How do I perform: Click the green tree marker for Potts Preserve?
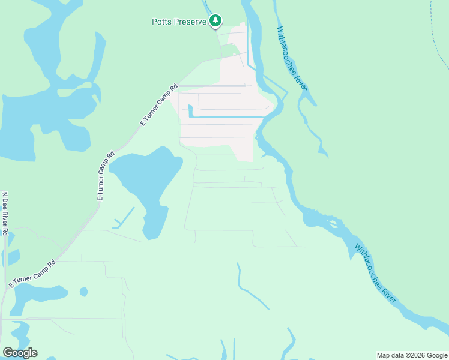tap(215, 22)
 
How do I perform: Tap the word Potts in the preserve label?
tap(161, 22)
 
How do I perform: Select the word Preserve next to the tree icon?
tap(191, 22)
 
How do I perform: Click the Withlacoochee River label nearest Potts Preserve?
tap(292, 58)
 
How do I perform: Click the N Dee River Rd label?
tap(5, 214)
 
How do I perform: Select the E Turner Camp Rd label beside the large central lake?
tap(105, 175)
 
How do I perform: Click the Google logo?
tap(20, 353)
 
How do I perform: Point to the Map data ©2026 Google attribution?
tap(412, 355)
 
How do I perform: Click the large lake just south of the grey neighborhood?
tap(147, 174)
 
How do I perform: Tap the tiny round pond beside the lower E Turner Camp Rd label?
tap(84, 292)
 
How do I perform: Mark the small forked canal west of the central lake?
tap(124, 220)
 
